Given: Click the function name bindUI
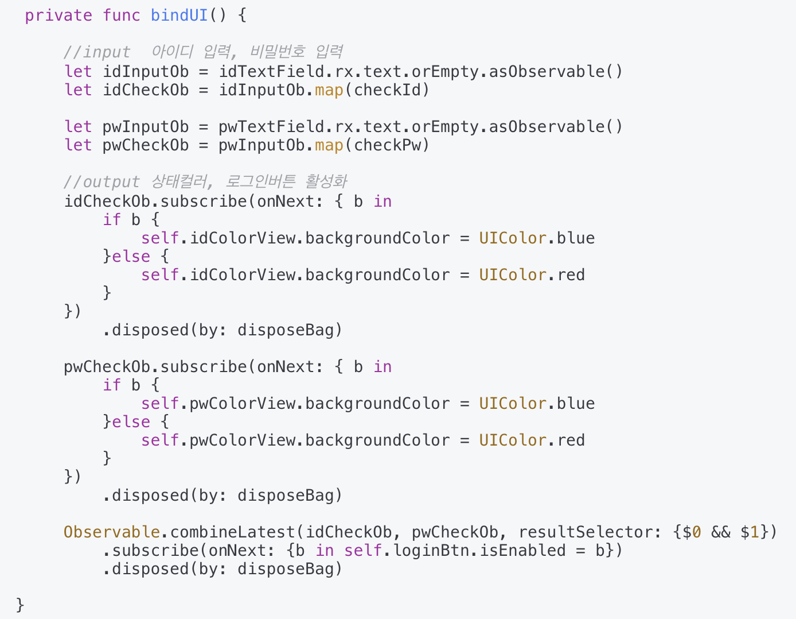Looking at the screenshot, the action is point(179,15).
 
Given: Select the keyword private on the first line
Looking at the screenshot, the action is point(58,15).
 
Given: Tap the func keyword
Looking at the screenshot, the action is point(121,15).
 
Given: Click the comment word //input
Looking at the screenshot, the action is point(97,52).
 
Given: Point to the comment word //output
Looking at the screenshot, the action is point(102,182).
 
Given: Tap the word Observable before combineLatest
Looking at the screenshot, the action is point(111,532).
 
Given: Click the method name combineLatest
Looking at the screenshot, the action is point(232,532).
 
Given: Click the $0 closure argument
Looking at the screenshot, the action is point(692,532).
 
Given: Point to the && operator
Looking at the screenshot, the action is point(720,532).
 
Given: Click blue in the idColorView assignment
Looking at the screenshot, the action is point(576,238).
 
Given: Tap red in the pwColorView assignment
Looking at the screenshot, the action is point(571,440).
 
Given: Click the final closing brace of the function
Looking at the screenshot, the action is point(20,604).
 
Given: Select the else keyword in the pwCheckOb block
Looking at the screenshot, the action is point(131,421).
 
